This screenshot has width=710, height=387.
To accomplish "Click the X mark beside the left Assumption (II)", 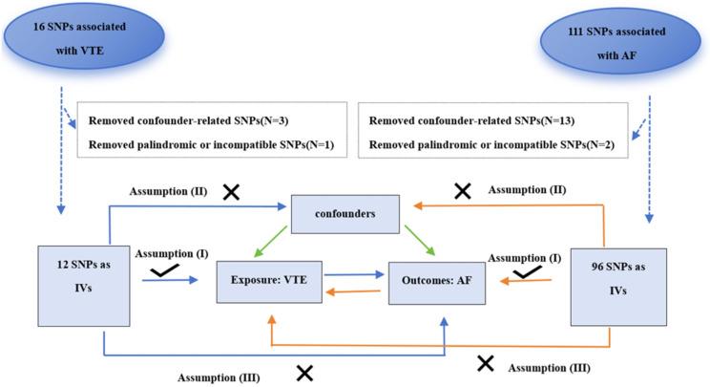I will (230, 191).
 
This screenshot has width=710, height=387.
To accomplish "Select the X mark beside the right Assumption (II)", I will (463, 191).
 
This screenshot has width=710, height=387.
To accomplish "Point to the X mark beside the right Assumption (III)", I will (486, 362).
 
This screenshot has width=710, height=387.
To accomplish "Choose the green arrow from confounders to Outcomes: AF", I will (418, 242).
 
